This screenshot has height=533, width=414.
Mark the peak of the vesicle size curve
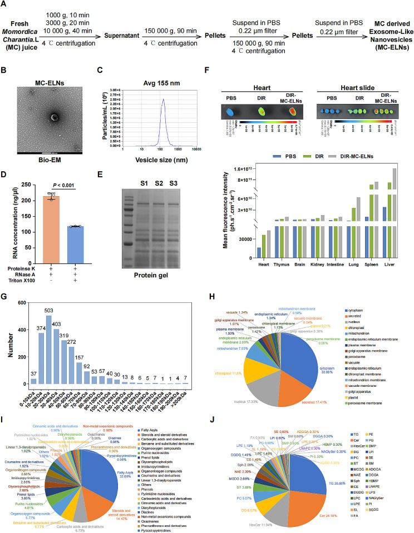[x=149, y=100]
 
